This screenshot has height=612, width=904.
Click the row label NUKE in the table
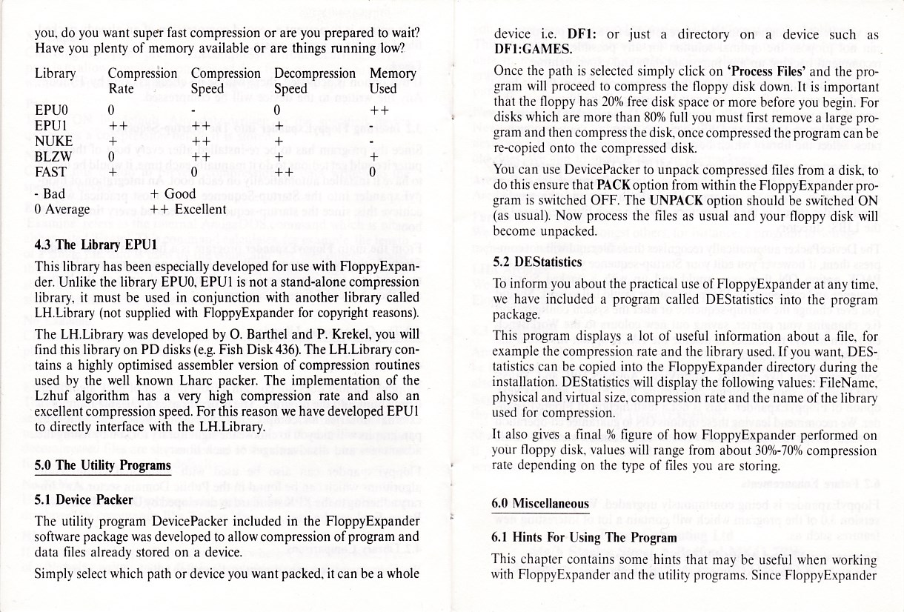pyautogui.click(x=53, y=141)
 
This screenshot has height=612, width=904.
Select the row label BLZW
pyautogui.click(x=54, y=156)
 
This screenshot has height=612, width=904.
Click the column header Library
pyautogui.click(x=56, y=73)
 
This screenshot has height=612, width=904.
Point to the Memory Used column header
pyautogui.click(x=393, y=81)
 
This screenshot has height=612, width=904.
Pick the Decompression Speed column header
pyautogui.click(x=315, y=81)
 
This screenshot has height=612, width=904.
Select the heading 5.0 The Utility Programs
pyautogui.click(x=102, y=465)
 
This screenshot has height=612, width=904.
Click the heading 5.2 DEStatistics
pyautogui.click(x=537, y=262)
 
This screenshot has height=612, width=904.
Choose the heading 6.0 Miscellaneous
pyautogui.click(x=540, y=504)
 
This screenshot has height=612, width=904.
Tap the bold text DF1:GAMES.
pyautogui.click(x=532, y=50)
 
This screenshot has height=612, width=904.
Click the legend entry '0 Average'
pyautogui.click(x=62, y=209)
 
